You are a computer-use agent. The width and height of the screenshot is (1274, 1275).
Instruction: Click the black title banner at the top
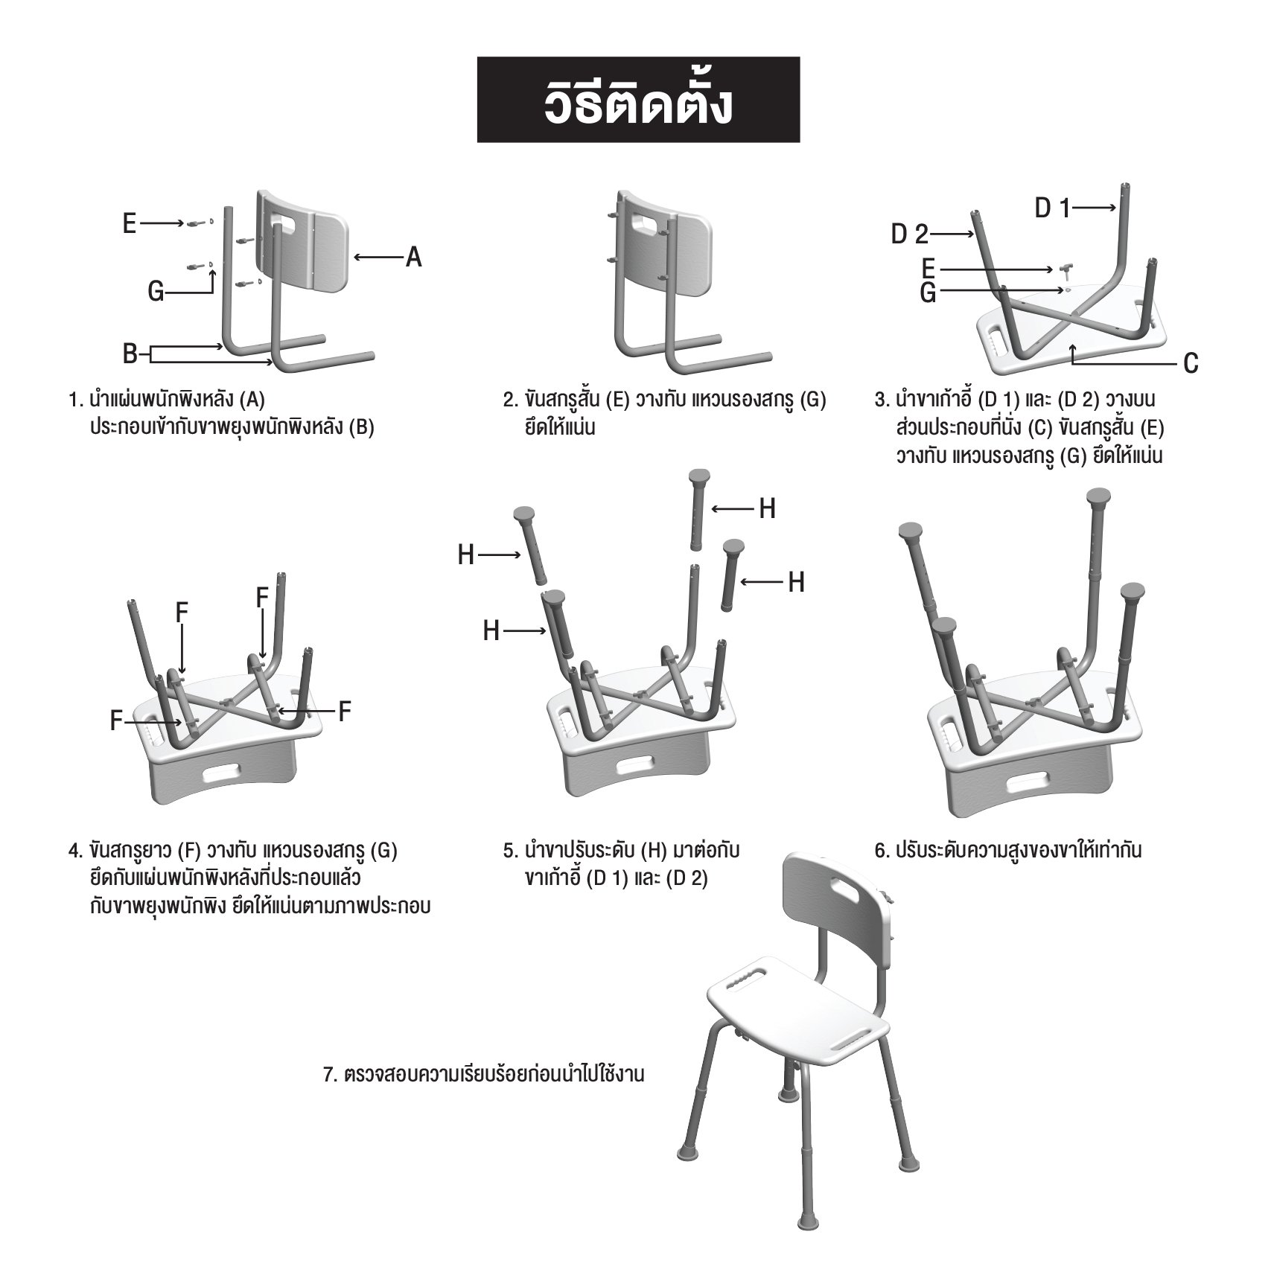638,100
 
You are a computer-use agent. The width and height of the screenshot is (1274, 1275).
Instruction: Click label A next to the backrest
413,258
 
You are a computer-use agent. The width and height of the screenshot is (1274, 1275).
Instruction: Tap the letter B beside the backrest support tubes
130,354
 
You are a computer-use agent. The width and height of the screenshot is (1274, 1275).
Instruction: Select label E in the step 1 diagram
130,223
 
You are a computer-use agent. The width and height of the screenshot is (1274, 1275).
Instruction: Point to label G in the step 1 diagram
156,292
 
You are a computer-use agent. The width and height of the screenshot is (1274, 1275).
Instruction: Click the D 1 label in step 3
1052,209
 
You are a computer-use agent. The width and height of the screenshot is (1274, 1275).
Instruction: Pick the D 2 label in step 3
910,234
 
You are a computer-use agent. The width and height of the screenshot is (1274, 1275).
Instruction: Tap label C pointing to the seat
1191,363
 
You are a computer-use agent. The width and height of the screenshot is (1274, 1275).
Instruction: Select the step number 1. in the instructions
74,400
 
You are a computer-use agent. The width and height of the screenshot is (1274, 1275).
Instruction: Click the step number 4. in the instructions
75,850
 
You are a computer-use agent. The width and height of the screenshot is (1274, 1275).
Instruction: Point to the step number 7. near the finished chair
331,1075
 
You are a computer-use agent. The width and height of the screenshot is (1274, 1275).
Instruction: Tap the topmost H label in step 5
767,509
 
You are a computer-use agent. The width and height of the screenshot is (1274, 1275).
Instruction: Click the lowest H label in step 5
491,631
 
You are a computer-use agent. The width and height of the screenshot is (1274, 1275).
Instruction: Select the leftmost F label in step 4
116,720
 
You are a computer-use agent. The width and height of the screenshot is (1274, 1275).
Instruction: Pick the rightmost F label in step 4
344,712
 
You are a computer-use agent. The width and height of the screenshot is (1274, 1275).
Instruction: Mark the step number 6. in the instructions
882,850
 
